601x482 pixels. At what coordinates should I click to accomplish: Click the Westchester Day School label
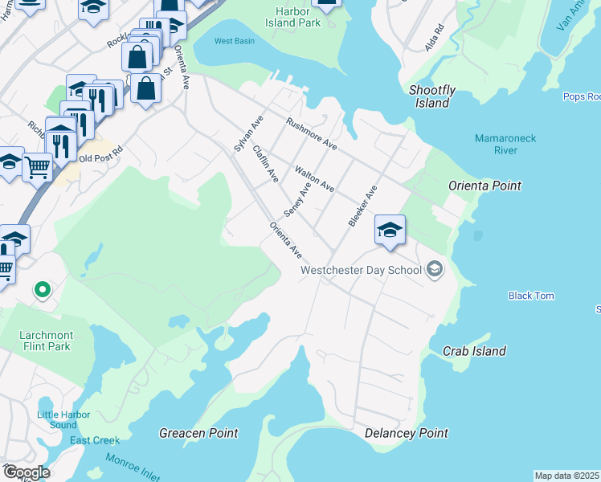tap(361, 270)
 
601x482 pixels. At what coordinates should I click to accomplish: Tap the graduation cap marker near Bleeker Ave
tap(389, 231)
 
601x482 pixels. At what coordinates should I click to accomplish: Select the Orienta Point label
tap(484, 186)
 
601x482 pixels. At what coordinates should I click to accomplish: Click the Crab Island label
tap(474, 351)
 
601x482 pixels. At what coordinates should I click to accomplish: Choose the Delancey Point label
tap(406, 433)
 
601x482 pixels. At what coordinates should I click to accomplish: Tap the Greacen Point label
tap(198, 433)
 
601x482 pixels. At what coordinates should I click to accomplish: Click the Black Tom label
tap(531, 296)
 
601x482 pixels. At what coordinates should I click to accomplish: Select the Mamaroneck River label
tap(505, 144)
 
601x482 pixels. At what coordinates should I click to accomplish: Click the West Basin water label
tap(234, 41)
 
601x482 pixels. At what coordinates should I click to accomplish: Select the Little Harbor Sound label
tap(57, 419)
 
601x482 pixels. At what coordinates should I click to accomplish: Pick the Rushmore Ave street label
tap(311, 134)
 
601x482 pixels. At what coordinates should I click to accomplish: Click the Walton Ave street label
tap(314, 178)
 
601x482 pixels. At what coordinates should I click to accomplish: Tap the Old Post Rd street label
tap(106, 149)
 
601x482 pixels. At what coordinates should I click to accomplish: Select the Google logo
tap(26, 472)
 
